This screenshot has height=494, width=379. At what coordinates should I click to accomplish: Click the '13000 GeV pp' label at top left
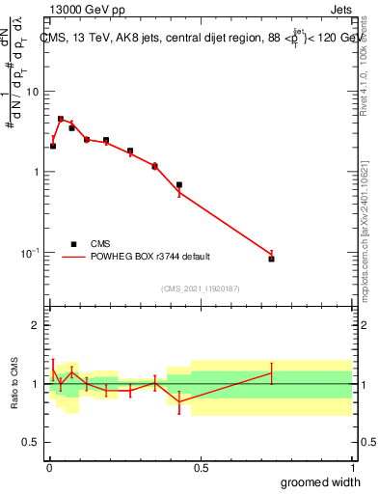click(x=80, y=10)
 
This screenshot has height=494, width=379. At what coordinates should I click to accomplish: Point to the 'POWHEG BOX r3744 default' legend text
click(x=150, y=257)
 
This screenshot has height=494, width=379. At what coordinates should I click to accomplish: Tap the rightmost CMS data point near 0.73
click(x=272, y=259)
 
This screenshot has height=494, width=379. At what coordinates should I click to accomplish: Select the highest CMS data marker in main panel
click(x=60, y=119)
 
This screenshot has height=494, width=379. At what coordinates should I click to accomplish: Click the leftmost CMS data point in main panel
click(x=53, y=146)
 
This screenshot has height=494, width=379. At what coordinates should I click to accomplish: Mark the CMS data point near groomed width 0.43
click(x=179, y=184)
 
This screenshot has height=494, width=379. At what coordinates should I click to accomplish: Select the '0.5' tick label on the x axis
click(x=201, y=468)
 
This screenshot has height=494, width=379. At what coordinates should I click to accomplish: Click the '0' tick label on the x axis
click(x=49, y=468)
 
